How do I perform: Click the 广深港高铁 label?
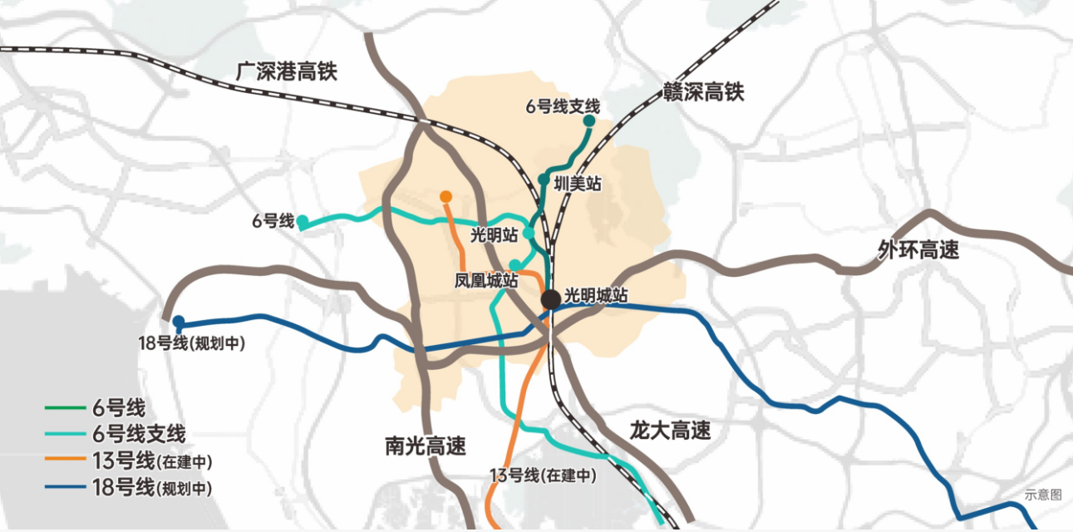(286, 71)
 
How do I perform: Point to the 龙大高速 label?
(670, 431)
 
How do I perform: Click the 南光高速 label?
(426, 446)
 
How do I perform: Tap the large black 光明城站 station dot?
(550, 299)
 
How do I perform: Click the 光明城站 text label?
(596, 295)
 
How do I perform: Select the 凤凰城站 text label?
(486, 281)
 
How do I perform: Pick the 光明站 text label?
(495, 234)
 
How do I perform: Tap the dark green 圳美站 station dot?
(544, 179)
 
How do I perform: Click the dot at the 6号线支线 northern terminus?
(589, 121)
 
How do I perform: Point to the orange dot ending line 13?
(445, 197)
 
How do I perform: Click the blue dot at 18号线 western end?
(178, 321)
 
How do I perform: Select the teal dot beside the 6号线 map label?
(303, 221)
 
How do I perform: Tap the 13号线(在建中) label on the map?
(544, 475)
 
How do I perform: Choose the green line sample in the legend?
(66, 408)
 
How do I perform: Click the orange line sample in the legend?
(66, 461)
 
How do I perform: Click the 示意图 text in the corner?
(1043, 495)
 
